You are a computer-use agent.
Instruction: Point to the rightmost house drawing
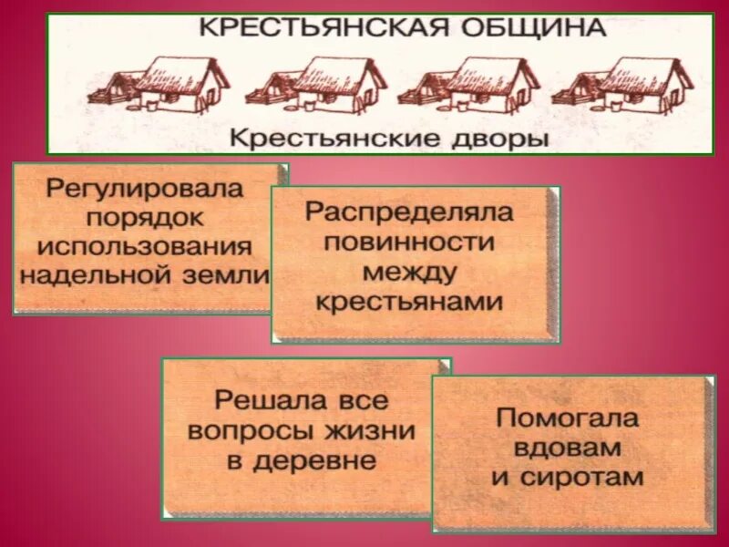coord(623,86)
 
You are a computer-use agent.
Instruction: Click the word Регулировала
coord(144,190)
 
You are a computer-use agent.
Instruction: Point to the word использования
coord(144,246)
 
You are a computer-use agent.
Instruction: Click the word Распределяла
coord(409,212)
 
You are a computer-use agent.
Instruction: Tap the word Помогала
coord(568,418)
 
